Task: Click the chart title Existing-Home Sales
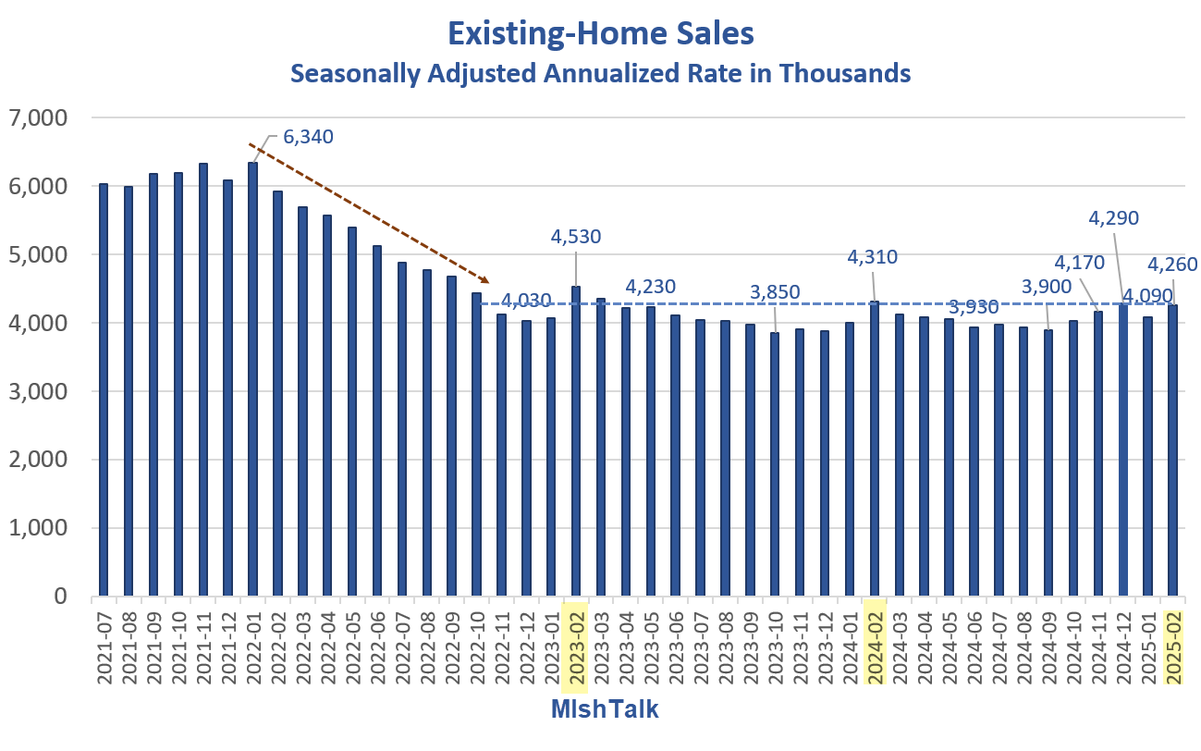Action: tap(600, 33)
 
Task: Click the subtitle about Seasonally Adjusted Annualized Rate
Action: tap(600, 73)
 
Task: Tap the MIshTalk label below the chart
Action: tap(605, 709)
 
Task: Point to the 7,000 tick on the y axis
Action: tap(37, 117)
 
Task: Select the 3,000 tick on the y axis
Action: tap(37, 391)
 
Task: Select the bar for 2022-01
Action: tap(252, 379)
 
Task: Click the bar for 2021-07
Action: tap(104, 389)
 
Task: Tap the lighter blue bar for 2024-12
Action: tap(1122, 449)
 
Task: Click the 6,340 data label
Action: tap(308, 137)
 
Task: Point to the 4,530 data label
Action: tap(576, 237)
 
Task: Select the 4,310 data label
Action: tap(873, 256)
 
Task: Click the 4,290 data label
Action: tap(1113, 218)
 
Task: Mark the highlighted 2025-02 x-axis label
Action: tap(1173, 647)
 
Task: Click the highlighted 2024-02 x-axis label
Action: tap(875, 647)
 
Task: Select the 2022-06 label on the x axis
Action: tap(378, 647)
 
